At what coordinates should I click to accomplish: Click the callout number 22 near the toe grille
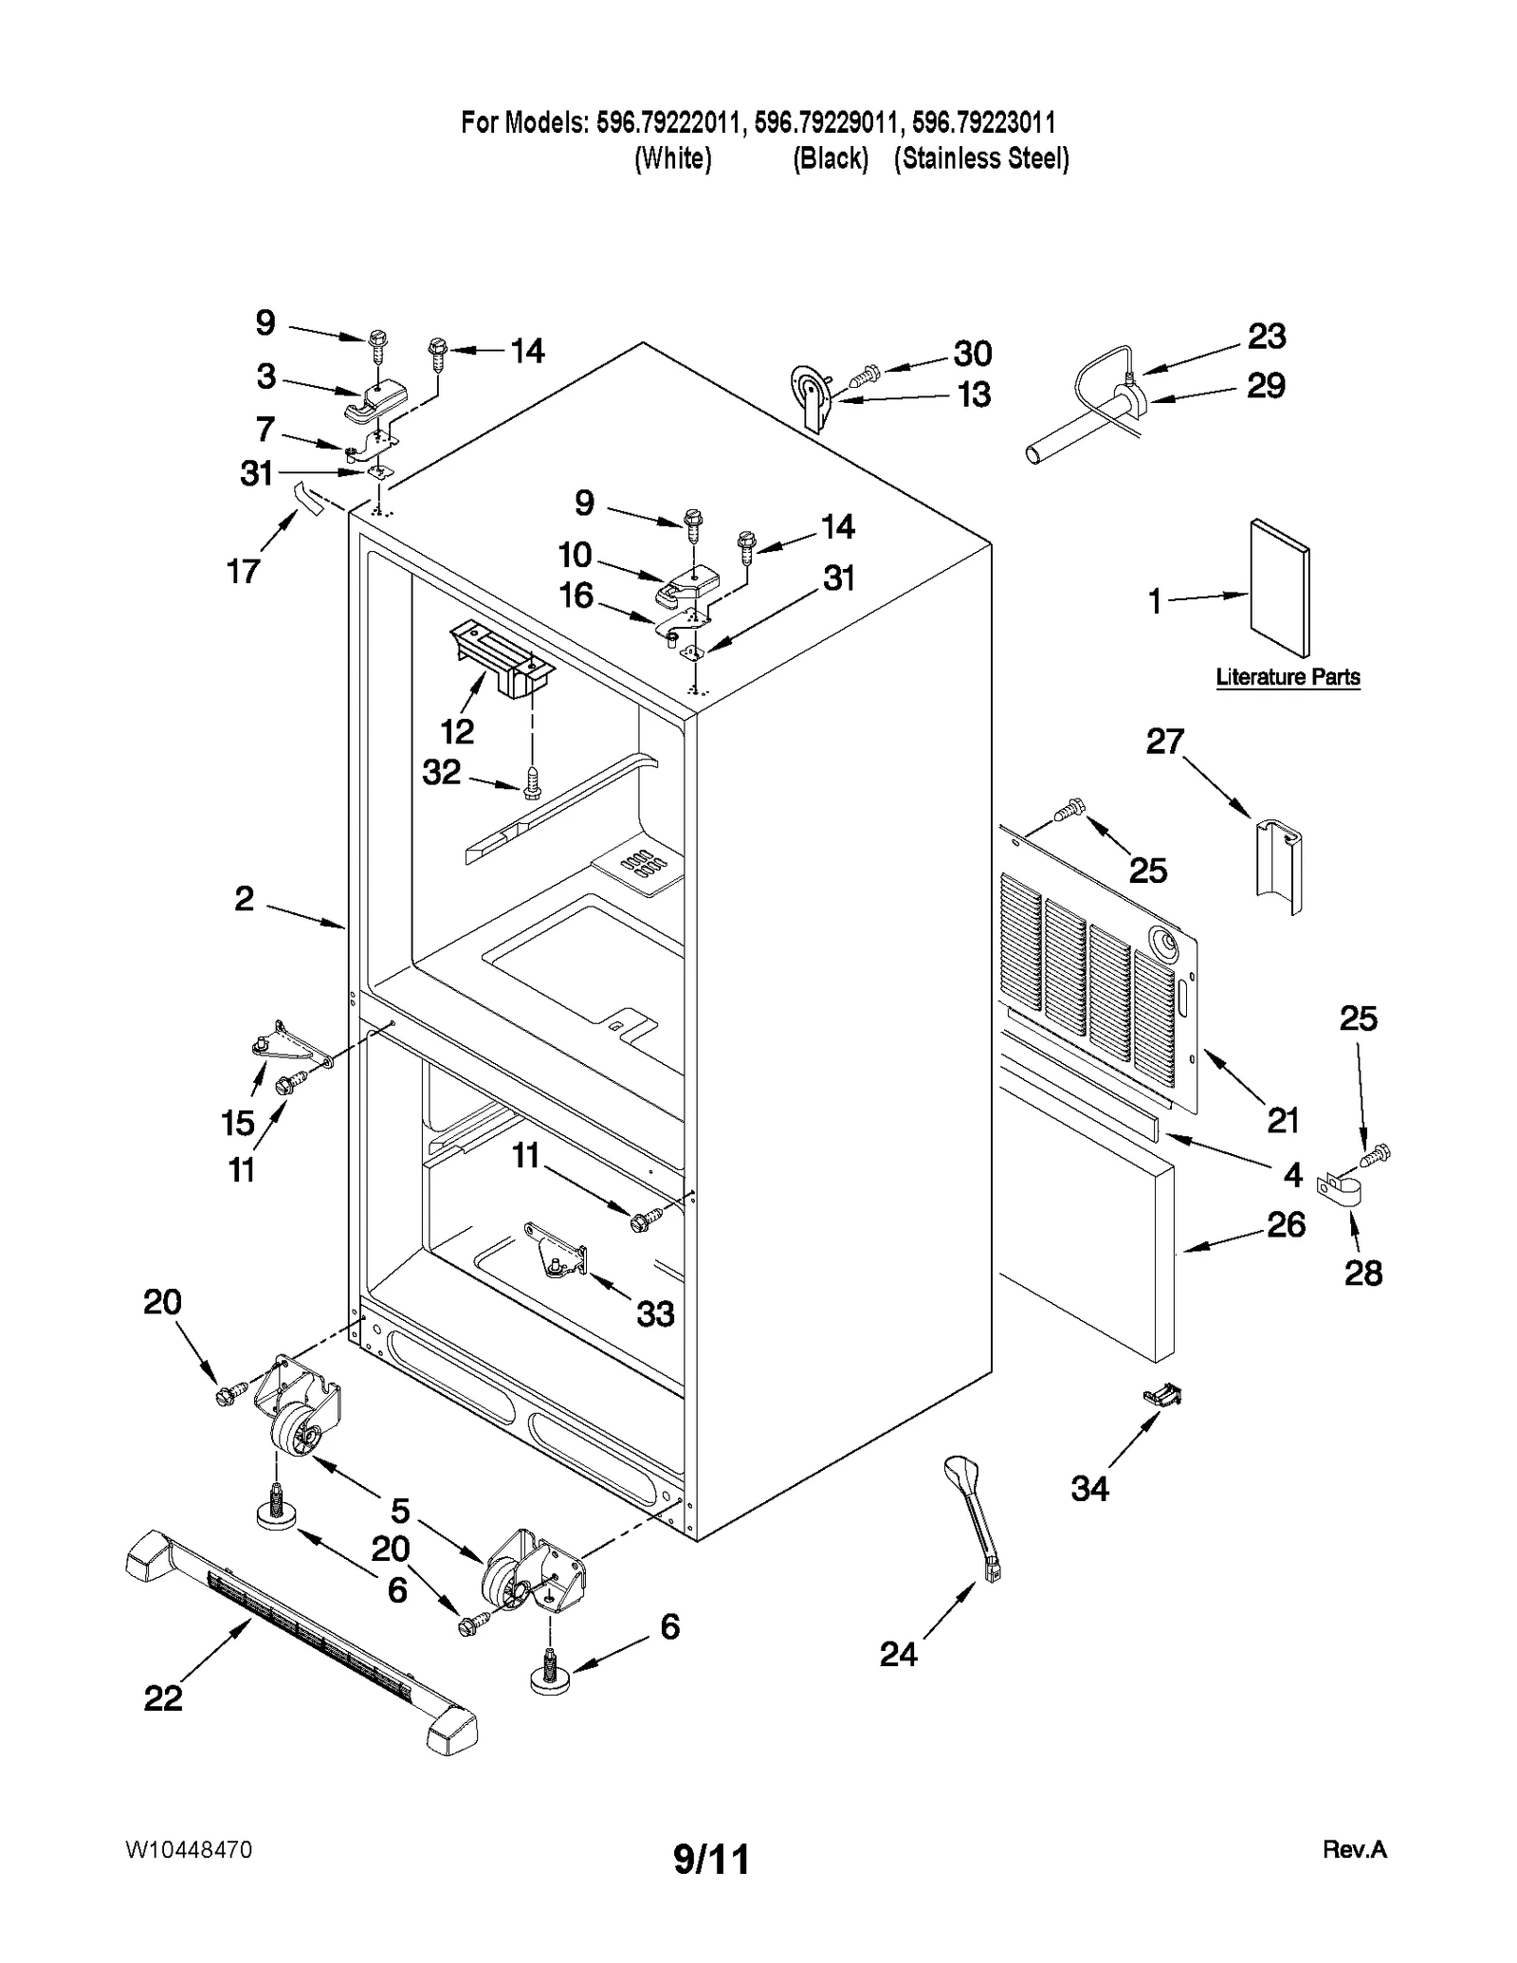(162, 1697)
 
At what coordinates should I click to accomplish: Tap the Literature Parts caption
(1288, 677)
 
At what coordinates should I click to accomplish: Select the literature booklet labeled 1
(1279, 588)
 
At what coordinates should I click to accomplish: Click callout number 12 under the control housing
(457, 731)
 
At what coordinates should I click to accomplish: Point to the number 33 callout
(654, 1313)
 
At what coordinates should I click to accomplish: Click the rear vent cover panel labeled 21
(1100, 986)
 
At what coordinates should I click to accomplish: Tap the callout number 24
(898, 1655)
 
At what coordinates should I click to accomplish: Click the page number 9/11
(711, 1860)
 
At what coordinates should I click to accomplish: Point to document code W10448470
(188, 1850)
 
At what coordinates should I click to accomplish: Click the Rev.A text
(1354, 1849)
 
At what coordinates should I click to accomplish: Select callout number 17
(243, 571)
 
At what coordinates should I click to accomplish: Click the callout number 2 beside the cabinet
(245, 898)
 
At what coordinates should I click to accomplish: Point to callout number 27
(1165, 741)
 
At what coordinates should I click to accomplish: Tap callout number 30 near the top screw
(972, 353)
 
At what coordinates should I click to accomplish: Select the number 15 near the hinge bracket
(238, 1123)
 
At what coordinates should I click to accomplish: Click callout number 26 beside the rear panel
(1286, 1224)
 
